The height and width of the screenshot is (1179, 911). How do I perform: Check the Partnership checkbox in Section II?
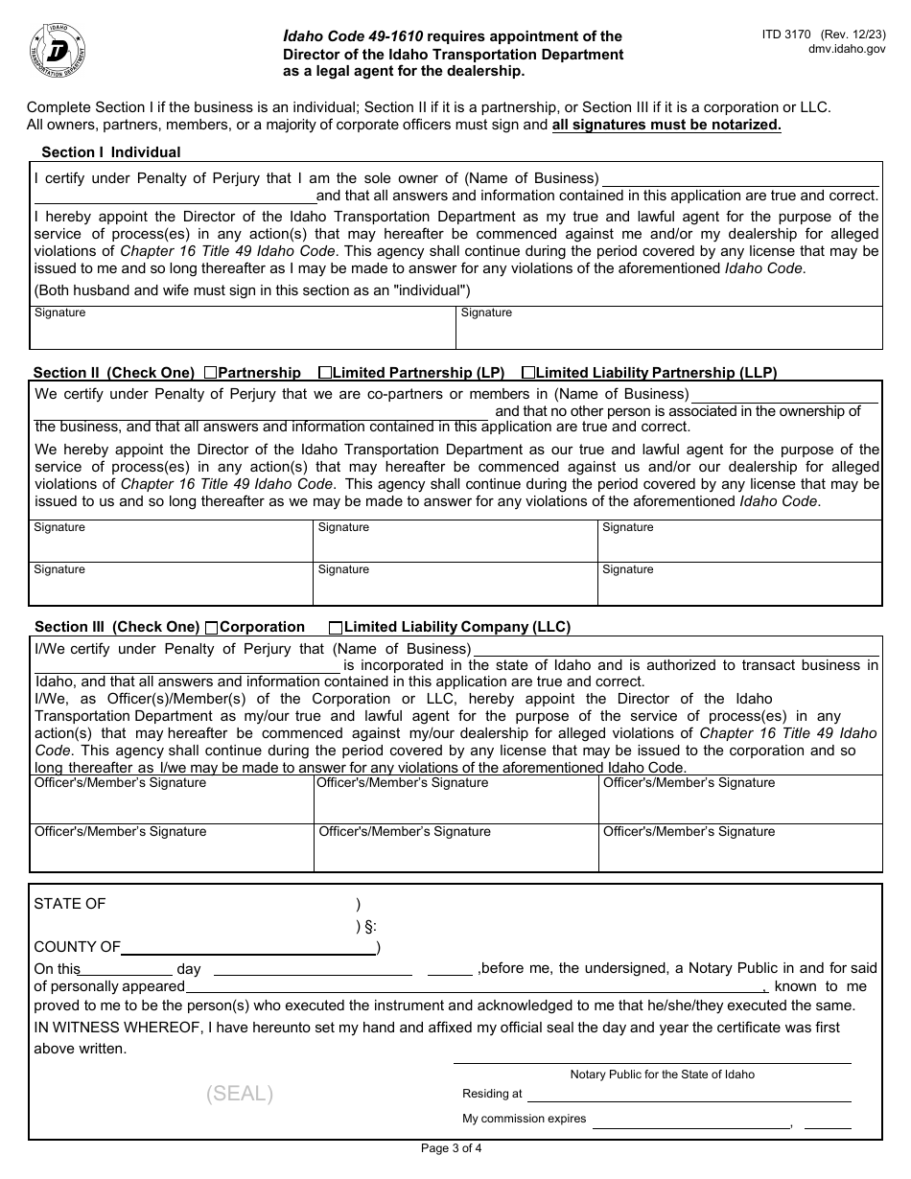211,373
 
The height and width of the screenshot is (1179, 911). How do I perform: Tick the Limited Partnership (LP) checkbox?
325,373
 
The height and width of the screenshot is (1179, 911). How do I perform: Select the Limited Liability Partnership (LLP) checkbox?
528,373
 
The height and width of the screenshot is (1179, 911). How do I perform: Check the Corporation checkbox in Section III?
212,628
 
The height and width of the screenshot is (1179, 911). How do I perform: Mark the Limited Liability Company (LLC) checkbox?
336,628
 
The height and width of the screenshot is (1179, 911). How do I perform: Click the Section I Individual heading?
110,152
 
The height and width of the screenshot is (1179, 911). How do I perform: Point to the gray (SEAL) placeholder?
239,1094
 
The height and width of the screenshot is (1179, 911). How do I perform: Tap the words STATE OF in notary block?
70,904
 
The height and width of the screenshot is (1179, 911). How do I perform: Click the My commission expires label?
524,1119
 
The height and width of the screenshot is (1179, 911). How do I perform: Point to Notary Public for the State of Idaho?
662,1075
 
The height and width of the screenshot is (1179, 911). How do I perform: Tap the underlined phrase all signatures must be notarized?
666,125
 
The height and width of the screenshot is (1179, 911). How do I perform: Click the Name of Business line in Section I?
739,180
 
